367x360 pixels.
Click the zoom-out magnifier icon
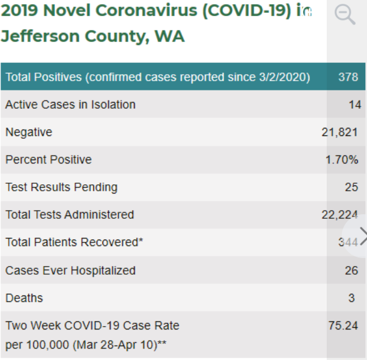click(345, 14)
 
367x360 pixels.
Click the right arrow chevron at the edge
click(363, 235)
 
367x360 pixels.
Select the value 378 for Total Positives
click(348, 77)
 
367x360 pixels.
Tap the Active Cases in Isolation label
click(70, 104)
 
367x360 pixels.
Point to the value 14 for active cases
click(355, 104)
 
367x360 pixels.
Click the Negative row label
click(29, 132)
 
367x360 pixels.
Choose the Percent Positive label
click(48, 160)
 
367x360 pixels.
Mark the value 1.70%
click(342, 160)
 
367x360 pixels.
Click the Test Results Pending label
click(61, 187)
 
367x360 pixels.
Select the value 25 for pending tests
click(351, 187)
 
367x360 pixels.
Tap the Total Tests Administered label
click(70, 215)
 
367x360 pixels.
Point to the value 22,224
click(339, 215)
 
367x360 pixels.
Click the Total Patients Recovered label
click(74, 242)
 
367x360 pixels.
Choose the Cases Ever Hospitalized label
click(70, 270)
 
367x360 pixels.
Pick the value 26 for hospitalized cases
click(351, 270)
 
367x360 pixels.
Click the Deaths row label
click(24, 298)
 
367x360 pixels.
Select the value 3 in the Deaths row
click(351, 298)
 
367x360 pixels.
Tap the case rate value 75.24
click(343, 325)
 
